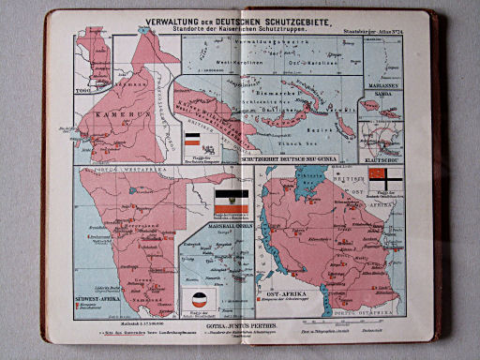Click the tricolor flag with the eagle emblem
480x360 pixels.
click(228, 201)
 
